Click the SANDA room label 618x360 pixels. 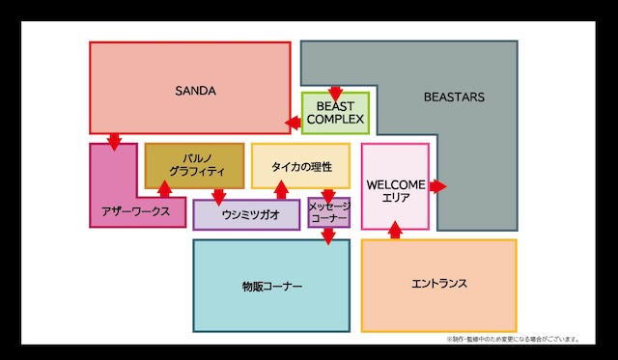195,91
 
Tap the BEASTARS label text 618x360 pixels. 454,97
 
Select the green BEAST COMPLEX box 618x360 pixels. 335,113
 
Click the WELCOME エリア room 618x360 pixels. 395,187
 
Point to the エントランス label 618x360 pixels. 439,284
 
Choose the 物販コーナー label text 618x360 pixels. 271,287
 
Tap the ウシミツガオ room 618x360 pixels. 246,214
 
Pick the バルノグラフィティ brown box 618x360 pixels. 194,165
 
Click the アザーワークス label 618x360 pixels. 135,210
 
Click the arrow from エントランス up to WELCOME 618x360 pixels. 394,231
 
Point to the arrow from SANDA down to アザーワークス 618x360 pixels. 114,141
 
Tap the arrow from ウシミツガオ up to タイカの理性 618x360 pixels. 282,191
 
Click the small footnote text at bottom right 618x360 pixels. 513,339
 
